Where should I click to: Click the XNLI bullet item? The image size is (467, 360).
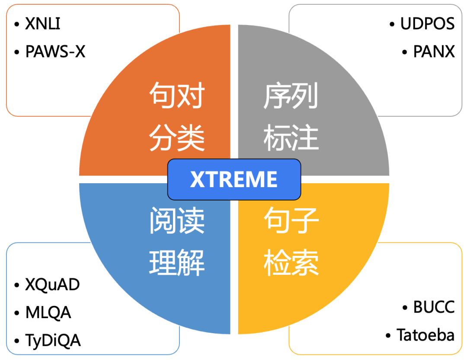[x=42, y=24]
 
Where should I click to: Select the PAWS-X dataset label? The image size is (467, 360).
[x=55, y=51]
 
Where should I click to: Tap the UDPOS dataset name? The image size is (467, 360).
[x=427, y=24]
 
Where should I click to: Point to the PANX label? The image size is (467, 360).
[x=434, y=51]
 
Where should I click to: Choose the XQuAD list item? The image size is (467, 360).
[x=52, y=285]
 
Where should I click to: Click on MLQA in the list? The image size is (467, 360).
[x=48, y=312]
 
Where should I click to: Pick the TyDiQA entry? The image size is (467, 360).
[x=53, y=340]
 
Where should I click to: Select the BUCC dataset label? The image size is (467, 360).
[x=434, y=307]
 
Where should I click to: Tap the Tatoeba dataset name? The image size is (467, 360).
[x=425, y=335]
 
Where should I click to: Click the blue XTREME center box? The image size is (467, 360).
[x=234, y=179]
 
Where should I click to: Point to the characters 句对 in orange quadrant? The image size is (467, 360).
[x=177, y=96]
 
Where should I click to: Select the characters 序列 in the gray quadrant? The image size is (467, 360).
[x=291, y=96]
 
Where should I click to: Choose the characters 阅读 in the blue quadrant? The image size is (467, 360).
[x=177, y=220]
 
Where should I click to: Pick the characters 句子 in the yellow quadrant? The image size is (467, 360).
[x=291, y=220]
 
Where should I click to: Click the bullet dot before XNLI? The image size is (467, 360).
[x=17, y=24]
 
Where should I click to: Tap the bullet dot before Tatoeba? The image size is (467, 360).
[x=388, y=335]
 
